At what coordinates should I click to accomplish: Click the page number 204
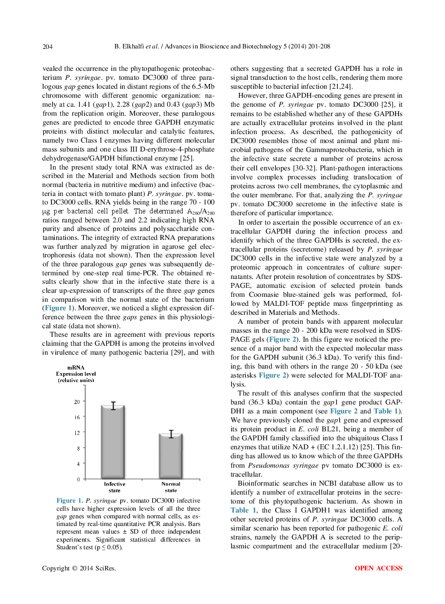pyautogui.click(x=48, y=47)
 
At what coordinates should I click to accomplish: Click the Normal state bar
pyautogui.click(x=171, y=455)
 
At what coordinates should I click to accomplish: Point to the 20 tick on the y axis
pyautogui.click(x=77, y=402)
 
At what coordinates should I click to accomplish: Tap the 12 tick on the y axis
pyautogui.click(x=77, y=433)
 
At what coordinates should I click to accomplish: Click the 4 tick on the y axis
pyautogui.click(x=78, y=464)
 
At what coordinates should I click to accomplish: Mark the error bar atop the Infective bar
pyautogui.click(x=113, y=405)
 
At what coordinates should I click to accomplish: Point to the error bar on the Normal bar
pyautogui.click(x=171, y=434)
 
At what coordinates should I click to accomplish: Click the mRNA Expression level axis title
pyautogui.click(x=76, y=374)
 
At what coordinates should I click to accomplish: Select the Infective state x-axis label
pyautogui.click(x=114, y=487)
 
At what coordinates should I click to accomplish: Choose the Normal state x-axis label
pyautogui.click(x=171, y=487)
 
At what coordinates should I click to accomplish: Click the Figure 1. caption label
pyautogui.click(x=70, y=500)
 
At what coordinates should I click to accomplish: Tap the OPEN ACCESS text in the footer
pyautogui.click(x=378, y=568)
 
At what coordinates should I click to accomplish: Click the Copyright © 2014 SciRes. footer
pyautogui.click(x=79, y=568)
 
